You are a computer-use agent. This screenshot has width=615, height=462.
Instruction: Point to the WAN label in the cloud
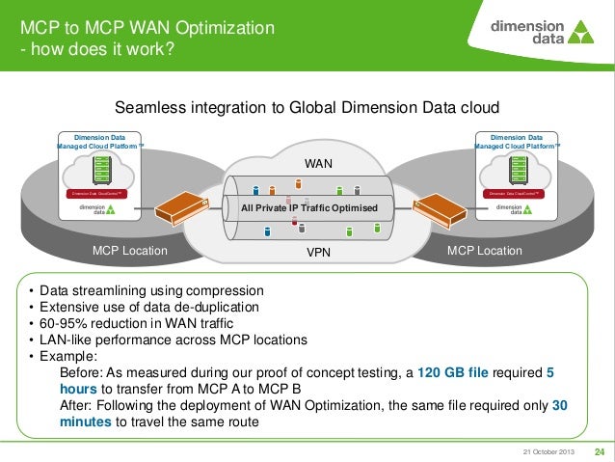[x=318, y=164]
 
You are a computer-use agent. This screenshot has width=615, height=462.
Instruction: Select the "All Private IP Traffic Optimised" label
[x=308, y=208]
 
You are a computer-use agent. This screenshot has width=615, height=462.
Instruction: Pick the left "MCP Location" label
[x=129, y=251]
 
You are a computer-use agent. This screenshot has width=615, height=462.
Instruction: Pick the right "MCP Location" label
[x=486, y=251]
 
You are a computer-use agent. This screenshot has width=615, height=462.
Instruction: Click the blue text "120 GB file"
[x=458, y=372]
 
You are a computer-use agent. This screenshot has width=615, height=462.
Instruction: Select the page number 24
[x=599, y=451]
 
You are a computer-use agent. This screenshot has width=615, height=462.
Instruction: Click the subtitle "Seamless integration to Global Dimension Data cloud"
[x=307, y=108]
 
